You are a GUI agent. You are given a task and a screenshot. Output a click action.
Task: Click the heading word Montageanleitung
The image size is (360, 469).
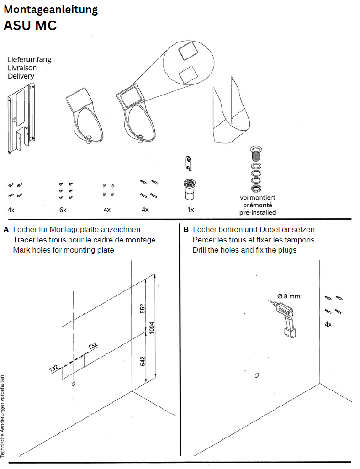(50, 9)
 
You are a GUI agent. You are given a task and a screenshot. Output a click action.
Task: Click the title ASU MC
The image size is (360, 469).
(30, 26)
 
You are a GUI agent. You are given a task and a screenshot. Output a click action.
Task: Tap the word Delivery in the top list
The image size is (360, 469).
(21, 76)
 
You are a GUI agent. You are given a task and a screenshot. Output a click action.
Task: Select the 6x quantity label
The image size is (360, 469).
(63, 210)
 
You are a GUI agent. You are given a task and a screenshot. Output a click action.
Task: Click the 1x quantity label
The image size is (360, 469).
(191, 210)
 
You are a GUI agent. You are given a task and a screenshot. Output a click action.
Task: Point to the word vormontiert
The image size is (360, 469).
(258, 198)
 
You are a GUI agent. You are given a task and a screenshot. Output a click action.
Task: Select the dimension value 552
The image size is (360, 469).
(142, 309)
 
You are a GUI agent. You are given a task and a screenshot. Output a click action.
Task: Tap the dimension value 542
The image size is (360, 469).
(142, 361)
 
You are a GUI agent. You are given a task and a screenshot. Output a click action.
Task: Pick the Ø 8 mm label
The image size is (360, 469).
(289, 296)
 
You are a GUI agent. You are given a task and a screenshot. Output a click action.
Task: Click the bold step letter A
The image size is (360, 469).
(6, 229)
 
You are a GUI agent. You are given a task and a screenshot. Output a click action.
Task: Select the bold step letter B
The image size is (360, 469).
(186, 229)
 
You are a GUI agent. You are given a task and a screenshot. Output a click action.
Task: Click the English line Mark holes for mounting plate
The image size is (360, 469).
(64, 250)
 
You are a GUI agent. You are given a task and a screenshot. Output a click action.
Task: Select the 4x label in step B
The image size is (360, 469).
(328, 324)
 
